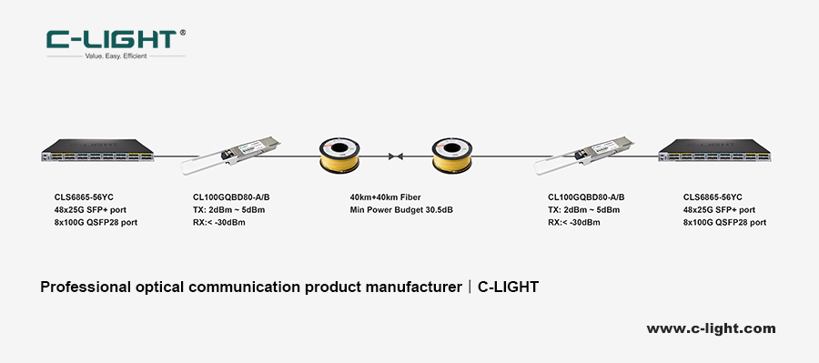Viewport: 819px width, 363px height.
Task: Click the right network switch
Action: [722, 152]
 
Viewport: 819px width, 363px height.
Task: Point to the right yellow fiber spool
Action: [454, 155]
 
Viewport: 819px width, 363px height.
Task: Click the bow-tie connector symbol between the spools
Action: [396, 156]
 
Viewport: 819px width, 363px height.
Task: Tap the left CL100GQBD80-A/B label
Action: [231, 197]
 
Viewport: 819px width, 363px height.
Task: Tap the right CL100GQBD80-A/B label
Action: [586, 197]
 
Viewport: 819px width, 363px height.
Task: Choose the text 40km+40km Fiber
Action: [386, 197]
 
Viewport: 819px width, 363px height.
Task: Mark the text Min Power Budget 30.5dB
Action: [401, 209]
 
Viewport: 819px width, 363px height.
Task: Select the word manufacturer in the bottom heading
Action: [409, 287]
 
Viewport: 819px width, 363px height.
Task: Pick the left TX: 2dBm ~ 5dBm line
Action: [228, 209]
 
